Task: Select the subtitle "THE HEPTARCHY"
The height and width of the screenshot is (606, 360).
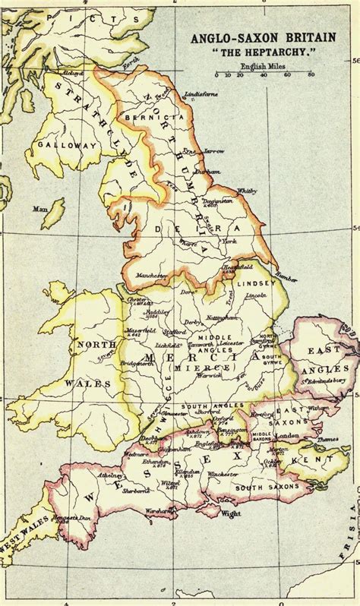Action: click(258, 52)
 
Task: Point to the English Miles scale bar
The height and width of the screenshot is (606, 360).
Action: click(264, 75)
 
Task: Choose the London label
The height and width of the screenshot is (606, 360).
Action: click(287, 436)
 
